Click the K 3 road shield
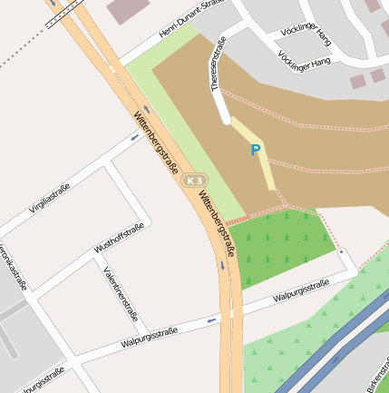tap(194, 181)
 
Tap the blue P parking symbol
tap(256, 151)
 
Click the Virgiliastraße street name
tap(49, 195)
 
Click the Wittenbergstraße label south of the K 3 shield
tap(217, 224)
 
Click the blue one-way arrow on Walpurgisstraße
tap(211, 319)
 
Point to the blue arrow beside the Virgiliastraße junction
tap(135, 138)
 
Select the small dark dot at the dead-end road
tap(342, 252)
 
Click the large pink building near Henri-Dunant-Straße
tap(131, 10)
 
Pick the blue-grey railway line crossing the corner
tap(336, 344)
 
